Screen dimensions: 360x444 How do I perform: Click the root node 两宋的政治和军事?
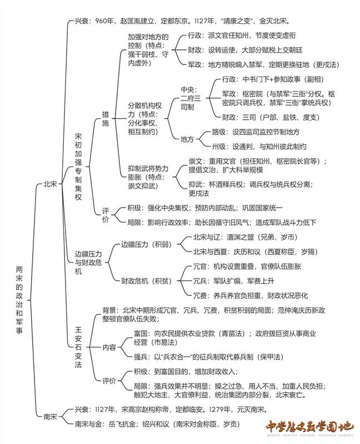tap(19, 300)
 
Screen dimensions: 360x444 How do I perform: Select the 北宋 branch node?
tap(50, 184)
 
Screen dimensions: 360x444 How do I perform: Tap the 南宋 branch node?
tap(50, 417)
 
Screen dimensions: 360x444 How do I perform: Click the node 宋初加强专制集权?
tap(78, 167)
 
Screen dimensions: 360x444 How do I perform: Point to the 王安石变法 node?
tap(78, 347)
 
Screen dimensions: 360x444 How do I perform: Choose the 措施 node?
tap(106, 119)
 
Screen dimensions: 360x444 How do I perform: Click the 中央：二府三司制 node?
tap(191, 98)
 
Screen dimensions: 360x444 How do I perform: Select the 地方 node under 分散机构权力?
tap(187, 139)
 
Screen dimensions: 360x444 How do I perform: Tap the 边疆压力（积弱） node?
tap(147, 244)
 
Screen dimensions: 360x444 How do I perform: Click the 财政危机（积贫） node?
tap(147, 281)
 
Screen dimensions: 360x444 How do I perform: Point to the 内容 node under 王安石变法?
tap(109, 347)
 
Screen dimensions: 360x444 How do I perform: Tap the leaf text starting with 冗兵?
tap(233, 281)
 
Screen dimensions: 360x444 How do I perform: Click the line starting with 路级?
tap(256, 132)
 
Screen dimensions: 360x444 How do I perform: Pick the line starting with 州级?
tap(259, 147)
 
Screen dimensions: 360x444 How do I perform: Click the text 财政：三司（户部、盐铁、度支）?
tap(271, 117)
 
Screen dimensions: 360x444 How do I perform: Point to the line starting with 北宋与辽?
tap(246, 237)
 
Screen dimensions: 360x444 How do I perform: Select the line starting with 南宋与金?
tap(157, 424)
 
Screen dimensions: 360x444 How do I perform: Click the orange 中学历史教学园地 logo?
tap(310, 427)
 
